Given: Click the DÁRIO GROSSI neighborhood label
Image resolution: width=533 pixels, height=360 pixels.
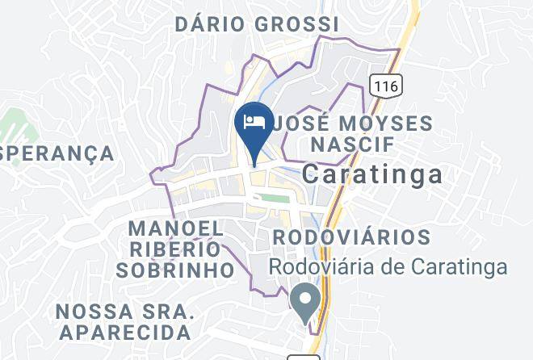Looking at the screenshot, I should [256, 24].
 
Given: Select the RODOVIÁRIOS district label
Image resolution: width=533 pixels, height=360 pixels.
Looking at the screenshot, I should [351, 237].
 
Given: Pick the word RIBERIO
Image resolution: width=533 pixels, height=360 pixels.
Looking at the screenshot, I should [176, 249].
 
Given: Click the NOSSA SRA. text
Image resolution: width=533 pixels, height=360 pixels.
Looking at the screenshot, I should [124, 310].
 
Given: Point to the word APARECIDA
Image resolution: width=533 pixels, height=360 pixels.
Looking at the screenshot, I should [124, 331].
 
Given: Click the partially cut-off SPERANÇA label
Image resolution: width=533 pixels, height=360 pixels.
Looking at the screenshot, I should [57, 153].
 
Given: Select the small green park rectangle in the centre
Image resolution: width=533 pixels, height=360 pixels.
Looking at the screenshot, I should [274, 198].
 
